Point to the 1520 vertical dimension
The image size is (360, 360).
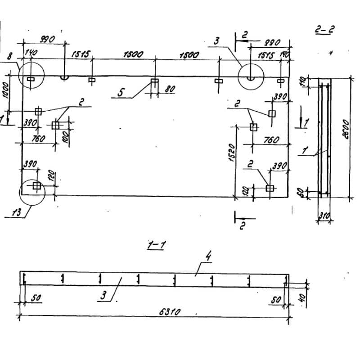230,154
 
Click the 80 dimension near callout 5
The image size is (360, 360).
170,90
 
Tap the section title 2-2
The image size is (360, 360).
324,31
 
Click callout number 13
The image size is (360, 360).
16,213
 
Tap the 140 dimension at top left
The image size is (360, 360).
31,53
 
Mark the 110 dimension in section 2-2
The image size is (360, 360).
303,82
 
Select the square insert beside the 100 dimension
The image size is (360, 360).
56,125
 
